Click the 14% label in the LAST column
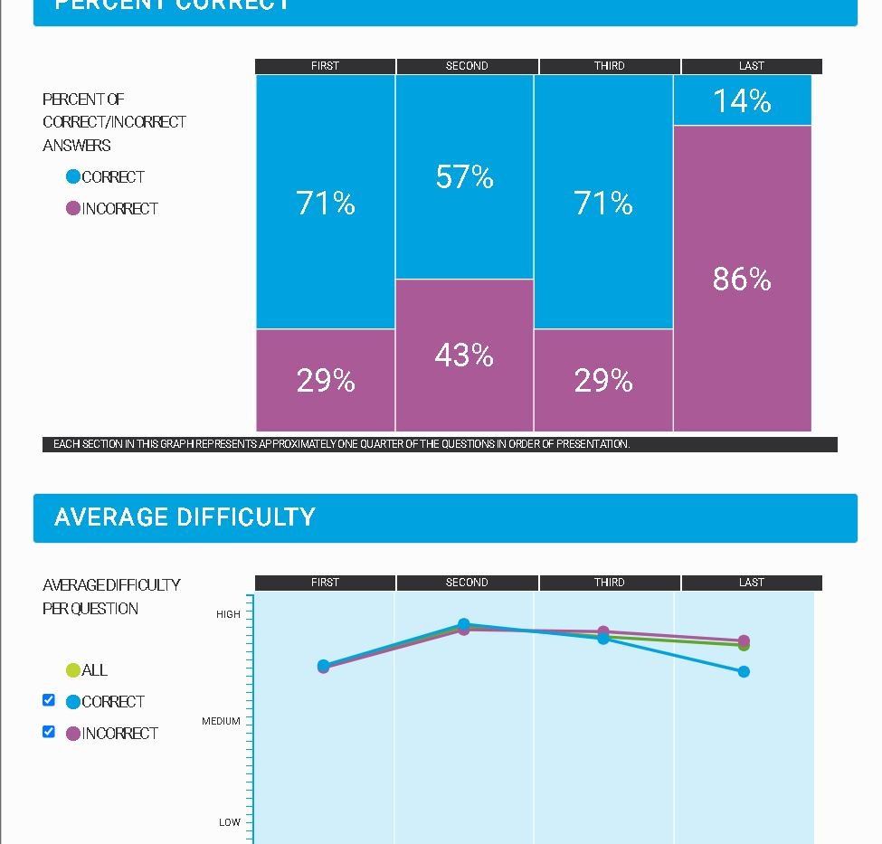pyautogui.click(x=742, y=100)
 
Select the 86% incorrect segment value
pyautogui.click(x=742, y=279)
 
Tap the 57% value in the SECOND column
pyautogui.click(x=464, y=176)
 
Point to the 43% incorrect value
pyautogui.click(x=464, y=356)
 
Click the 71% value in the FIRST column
pyautogui.click(x=326, y=203)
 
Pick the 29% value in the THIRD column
pyautogui.click(x=603, y=380)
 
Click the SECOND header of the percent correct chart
pyautogui.click(x=467, y=66)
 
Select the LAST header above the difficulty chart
pyautogui.click(x=751, y=583)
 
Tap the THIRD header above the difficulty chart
pyautogui.click(x=609, y=583)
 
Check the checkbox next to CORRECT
pyautogui.click(x=49, y=700)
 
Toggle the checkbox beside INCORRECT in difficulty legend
pyautogui.click(x=49, y=732)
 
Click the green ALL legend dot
pyautogui.click(x=73, y=670)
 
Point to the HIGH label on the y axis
pyautogui.click(x=228, y=614)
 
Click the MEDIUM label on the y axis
pyautogui.click(x=221, y=721)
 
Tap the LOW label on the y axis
pyautogui.click(x=230, y=822)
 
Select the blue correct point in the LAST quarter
pyautogui.click(x=744, y=671)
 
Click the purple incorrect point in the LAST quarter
pyautogui.click(x=744, y=640)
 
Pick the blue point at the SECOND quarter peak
pyautogui.click(x=464, y=623)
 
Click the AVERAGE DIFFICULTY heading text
pyautogui.click(x=185, y=517)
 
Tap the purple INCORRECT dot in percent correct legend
pyautogui.click(x=73, y=209)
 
